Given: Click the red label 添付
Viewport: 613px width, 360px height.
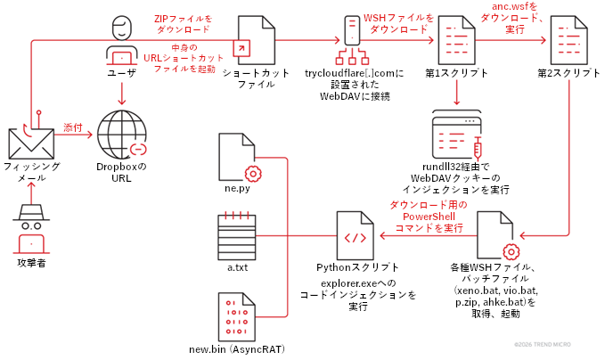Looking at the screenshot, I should pos(72,128).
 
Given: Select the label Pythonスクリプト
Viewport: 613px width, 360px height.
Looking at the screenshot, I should pos(356,267).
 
